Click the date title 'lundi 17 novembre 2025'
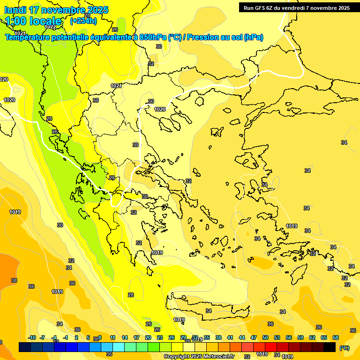(x=56, y=10)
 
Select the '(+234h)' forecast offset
(x=83, y=21)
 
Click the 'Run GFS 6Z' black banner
(x=297, y=7)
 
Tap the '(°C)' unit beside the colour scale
(x=344, y=348)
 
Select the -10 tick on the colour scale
(x=32, y=338)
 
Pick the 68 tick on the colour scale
(x=336, y=338)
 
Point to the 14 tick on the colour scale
(x=125, y=338)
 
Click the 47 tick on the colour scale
(x=254, y=338)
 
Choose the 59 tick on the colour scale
(x=300, y=338)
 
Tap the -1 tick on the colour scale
(x=66, y=338)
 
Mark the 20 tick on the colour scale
(x=148, y=338)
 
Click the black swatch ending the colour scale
(x=330, y=347)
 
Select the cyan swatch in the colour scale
(x=119, y=347)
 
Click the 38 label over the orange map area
(x=14, y=280)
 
